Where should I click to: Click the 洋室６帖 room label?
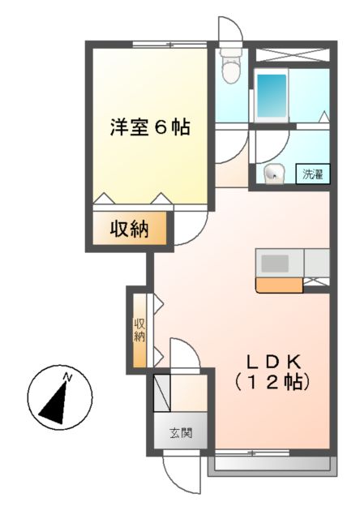(150, 128)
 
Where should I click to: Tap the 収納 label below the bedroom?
(130, 229)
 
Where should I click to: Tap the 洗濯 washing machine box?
(313, 173)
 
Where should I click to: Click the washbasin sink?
(272, 172)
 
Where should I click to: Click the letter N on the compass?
(69, 377)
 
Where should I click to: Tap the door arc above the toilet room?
(230, 28)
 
